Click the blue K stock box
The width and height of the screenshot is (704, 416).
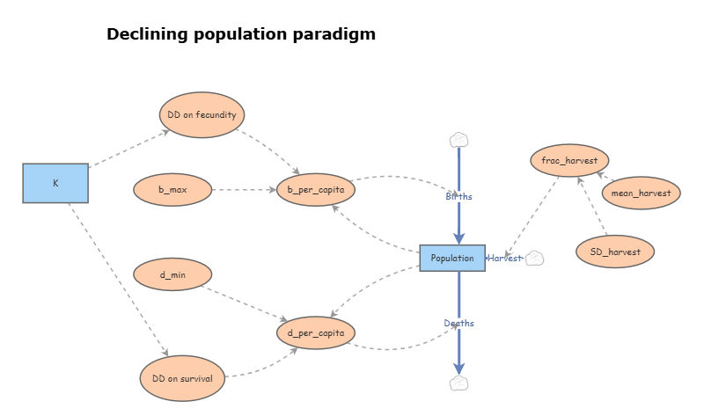pyautogui.click(x=55, y=183)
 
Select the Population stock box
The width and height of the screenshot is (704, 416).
pyautogui.click(x=452, y=258)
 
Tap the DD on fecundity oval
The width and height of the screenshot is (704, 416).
pyautogui.click(x=202, y=115)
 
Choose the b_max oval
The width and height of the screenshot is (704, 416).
pyautogui.click(x=172, y=189)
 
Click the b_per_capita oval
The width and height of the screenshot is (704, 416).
pyautogui.click(x=315, y=189)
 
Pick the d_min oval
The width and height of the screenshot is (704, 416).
pyautogui.click(x=172, y=274)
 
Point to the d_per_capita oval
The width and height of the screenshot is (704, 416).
pyautogui.click(x=315, y=332)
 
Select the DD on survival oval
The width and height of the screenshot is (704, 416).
pyautogui.click(x=183, y=378)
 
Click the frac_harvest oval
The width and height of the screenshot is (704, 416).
pyautogui.click(x=569, y=161)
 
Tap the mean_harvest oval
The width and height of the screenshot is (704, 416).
pyautogui.click(x=641, y=193)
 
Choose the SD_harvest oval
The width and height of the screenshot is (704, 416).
pyautogui.click(x=615, y=252)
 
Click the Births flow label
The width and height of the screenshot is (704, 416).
pyautogui.click(x=458, y=196)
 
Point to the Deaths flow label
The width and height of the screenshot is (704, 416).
pyautogui.click(x=458, y=323)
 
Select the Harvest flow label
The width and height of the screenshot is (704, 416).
pyautogui.click(x=505, y=258)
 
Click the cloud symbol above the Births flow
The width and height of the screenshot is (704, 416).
pyautogui.click(x=458, y=140)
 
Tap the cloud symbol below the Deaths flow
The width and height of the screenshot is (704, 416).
pyautogui.click(x=458, y=383)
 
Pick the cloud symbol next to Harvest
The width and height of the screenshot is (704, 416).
pyautogui.click(x=534, y=258)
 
